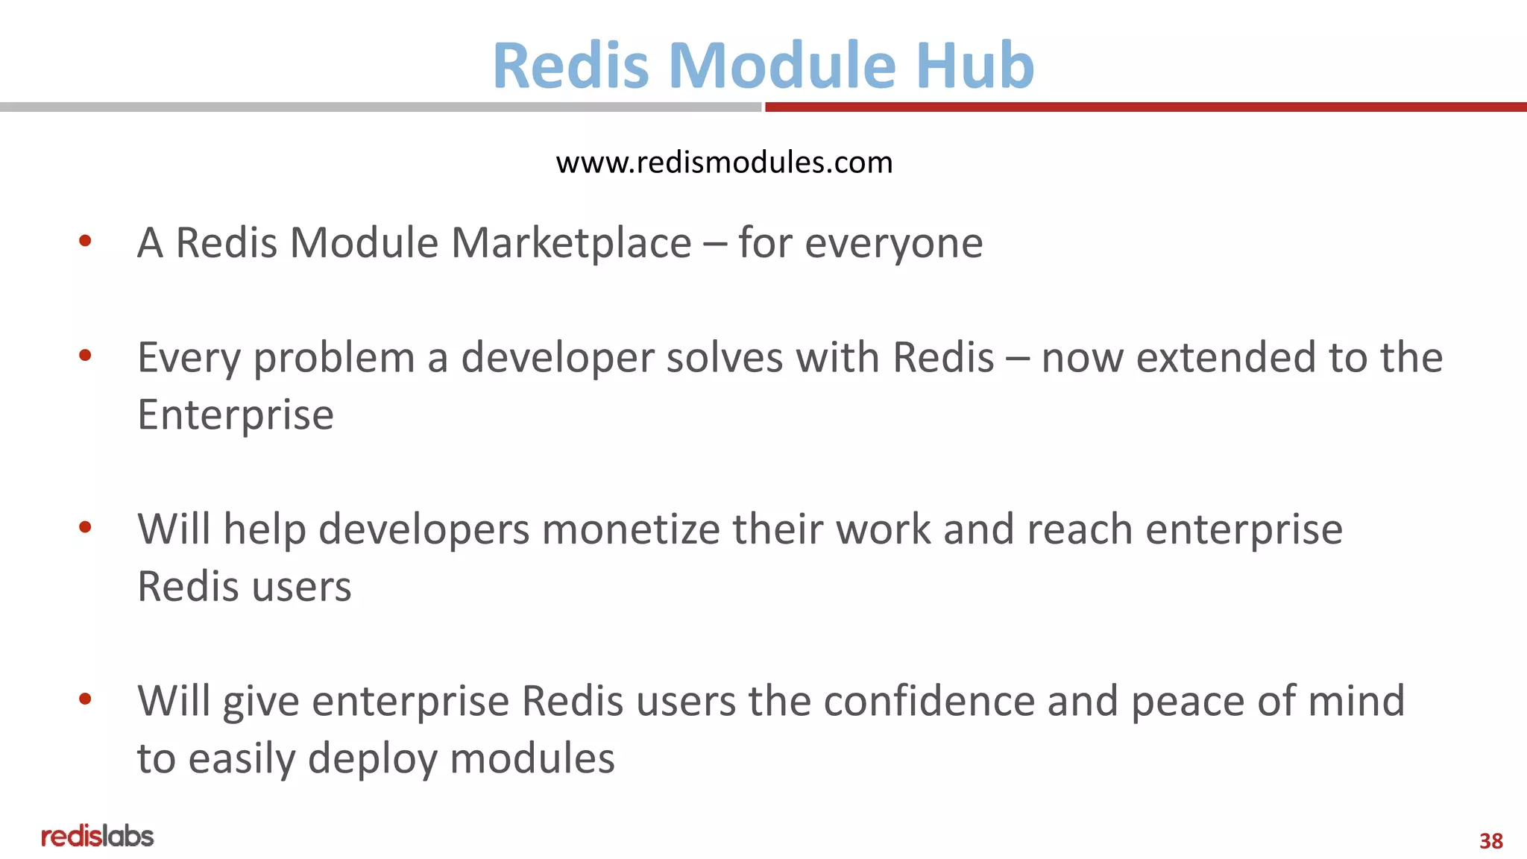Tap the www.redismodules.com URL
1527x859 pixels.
[724, 163]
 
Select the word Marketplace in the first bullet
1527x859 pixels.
[571, 243]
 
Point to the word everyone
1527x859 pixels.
[894, 245]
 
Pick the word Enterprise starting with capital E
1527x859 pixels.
[236, 416]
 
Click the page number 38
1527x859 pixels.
[1490, 841]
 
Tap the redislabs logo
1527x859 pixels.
[98, 837]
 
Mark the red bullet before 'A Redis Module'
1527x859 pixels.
[85, 241]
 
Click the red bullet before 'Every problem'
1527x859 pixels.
[85, 356]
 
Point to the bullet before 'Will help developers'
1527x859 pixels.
[85, 527]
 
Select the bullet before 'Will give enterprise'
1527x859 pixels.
[85, 699]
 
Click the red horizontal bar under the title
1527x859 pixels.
[1145, 107]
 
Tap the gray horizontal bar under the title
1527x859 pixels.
[380, 107]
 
